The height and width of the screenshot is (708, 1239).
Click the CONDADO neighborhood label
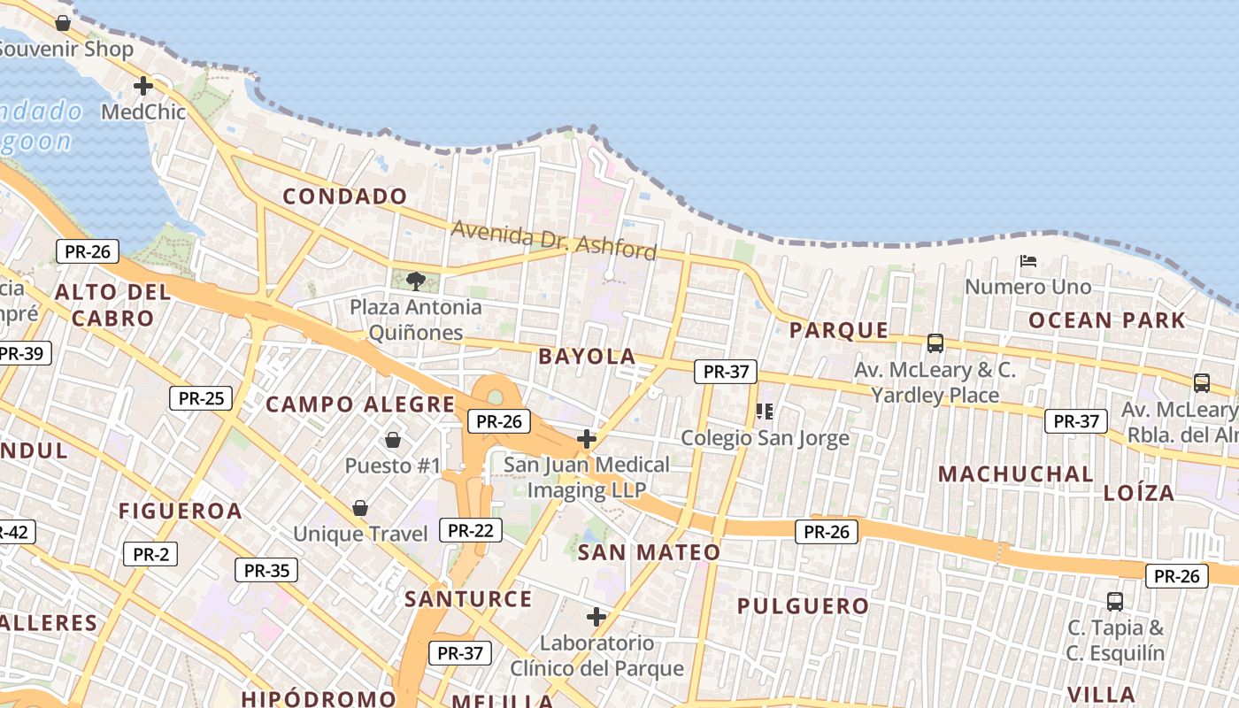tap(345, 196)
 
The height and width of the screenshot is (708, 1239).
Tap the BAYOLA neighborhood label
tap(587, 357)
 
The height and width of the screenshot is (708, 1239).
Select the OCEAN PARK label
tap(1106, 320)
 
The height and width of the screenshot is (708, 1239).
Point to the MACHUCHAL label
tap(1016, 473)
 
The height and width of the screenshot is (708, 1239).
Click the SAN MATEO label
tap(649, 553)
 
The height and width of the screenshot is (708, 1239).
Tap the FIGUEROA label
tap(181, 511)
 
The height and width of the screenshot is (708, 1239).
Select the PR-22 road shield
tap(470, 530)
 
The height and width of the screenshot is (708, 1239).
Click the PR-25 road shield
tap(201, 398)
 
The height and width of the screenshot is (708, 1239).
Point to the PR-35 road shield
tap(266, 570)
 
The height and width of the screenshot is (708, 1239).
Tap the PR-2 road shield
tap(150, 555)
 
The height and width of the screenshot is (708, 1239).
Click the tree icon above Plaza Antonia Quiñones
tap(415, 281)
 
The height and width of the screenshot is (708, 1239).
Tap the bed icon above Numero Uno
tap(1027, 261)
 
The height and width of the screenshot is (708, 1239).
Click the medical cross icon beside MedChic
tap(142, 86)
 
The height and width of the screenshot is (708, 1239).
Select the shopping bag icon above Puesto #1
tap(393, 439)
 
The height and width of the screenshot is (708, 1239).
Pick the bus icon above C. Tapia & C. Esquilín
tap(1115, 602)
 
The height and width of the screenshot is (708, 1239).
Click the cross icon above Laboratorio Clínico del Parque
tap(596, 616)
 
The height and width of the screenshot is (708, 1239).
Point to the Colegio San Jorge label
tap(765, 437)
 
